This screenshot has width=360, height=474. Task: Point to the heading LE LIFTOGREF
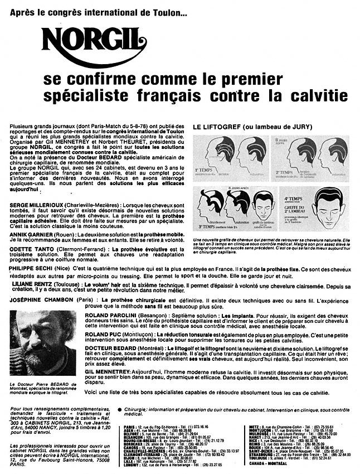[216, 127]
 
